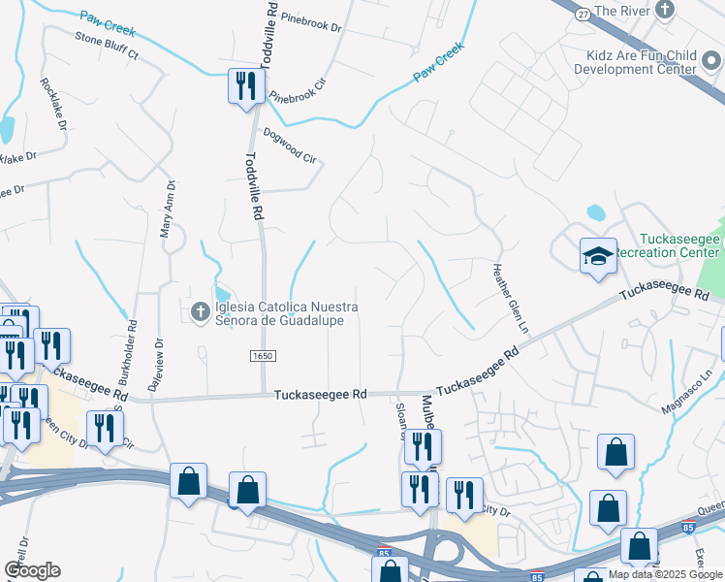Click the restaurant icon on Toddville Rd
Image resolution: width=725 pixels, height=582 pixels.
click(245, 85)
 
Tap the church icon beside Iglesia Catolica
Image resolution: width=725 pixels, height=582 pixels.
click(200, 312)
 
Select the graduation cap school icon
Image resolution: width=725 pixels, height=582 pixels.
click(598, 256)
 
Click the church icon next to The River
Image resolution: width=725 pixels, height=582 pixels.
click(665, 10)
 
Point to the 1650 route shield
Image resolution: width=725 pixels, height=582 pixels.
click(263, 357)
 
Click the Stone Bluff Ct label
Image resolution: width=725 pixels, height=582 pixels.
click(108, 47)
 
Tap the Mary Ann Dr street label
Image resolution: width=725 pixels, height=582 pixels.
click(167, 209)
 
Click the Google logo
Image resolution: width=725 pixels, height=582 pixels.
click(33, 571)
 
